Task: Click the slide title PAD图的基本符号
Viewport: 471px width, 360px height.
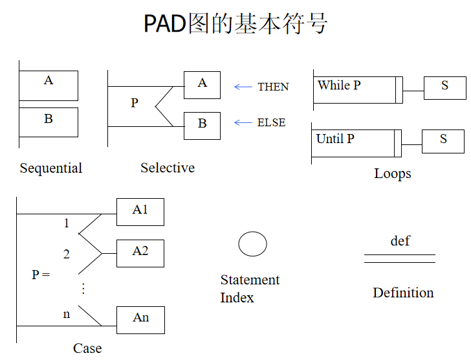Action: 235,24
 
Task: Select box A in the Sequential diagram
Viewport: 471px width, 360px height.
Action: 49,85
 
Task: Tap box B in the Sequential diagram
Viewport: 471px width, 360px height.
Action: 49,122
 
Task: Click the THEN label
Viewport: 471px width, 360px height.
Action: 273,87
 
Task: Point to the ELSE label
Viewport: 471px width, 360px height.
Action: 271,122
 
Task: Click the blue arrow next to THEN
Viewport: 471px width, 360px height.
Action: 243,87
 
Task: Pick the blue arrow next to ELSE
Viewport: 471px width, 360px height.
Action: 243,122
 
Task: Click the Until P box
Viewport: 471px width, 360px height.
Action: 356,143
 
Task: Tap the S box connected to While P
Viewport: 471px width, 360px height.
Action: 444,88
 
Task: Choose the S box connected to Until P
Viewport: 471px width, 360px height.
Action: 443,141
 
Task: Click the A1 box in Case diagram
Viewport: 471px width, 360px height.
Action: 140,212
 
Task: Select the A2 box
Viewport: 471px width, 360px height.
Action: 140,253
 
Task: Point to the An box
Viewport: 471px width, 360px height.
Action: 140,320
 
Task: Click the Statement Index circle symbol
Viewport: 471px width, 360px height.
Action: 252,244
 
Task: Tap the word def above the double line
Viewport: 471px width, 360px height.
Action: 400,241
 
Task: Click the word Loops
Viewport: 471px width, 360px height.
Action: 392,174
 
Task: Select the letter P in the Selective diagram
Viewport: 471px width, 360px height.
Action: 135,103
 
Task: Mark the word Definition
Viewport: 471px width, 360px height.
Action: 403,293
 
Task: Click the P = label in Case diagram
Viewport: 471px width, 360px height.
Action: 41,275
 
